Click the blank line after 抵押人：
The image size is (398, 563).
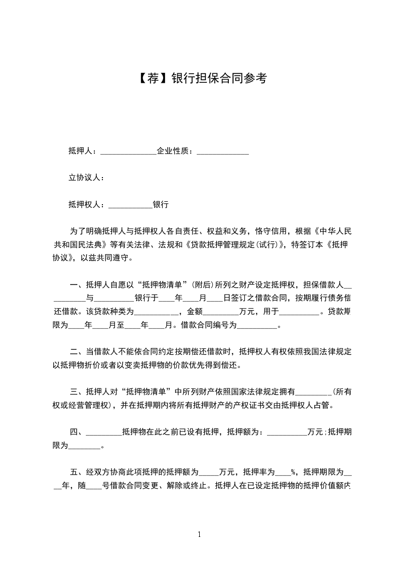[x=128, y=151]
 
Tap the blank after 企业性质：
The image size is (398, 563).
[x=222, y=151]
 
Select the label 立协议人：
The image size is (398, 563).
[x=86, y=178]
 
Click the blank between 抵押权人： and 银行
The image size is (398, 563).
[x=130, y=205]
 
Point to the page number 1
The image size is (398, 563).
[x=199, y=534]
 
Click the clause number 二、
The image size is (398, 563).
[x=77, y=351]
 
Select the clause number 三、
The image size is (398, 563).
[x=77, y=391]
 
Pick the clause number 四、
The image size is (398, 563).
[x=77, y=432]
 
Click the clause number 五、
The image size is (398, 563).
[x=77, y=472]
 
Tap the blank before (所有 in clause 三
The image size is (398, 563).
[x=315, y=392]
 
